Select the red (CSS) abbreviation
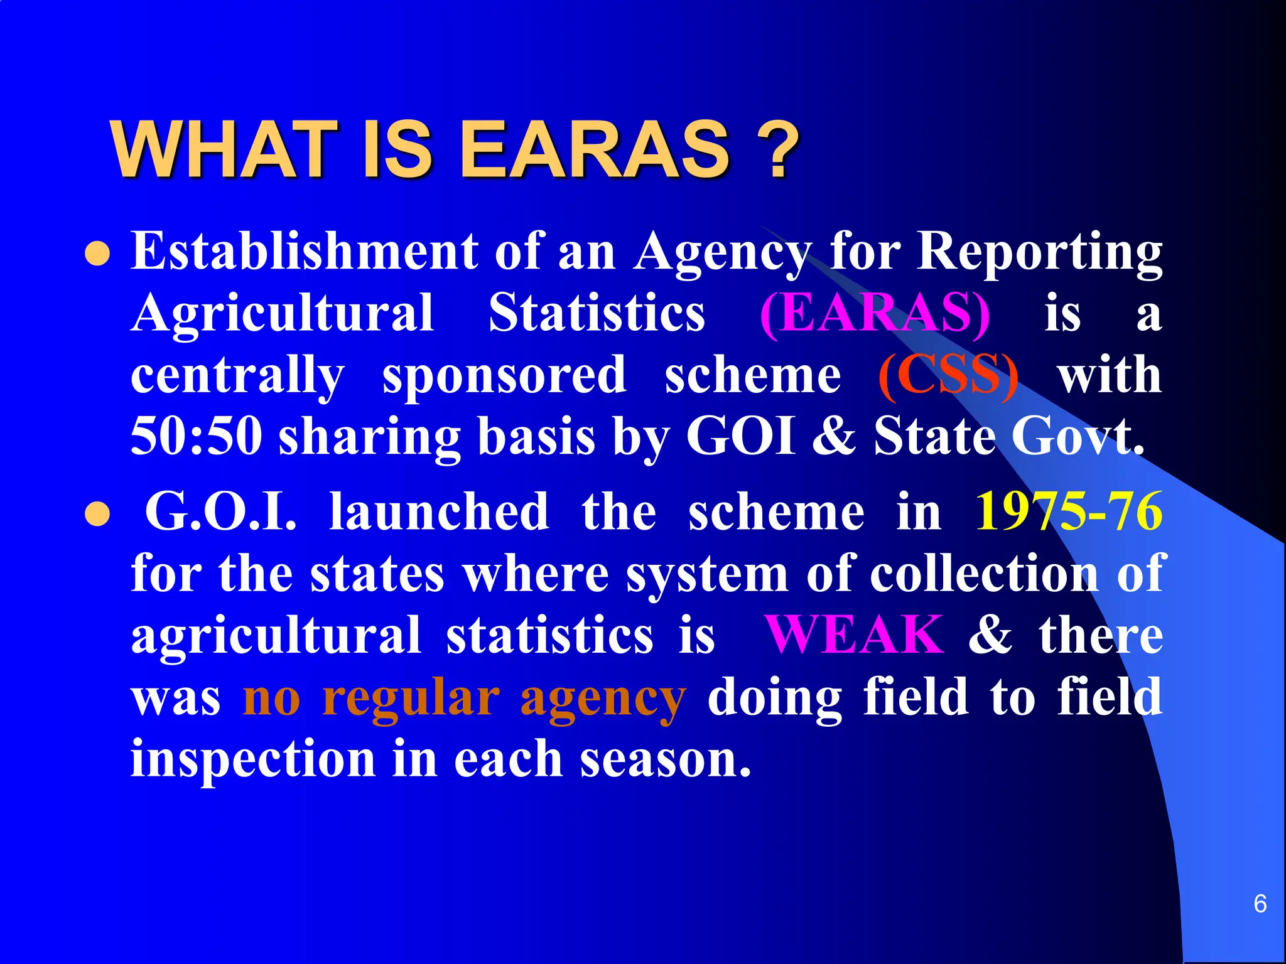[948, 375]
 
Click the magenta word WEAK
[854, 635]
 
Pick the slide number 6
[1260, 904]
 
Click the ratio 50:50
[197, 436]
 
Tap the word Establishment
[305, 251]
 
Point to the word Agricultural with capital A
[283, 314]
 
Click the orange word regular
[411, 698]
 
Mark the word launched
[439, 511]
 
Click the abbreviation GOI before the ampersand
[741, 436]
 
